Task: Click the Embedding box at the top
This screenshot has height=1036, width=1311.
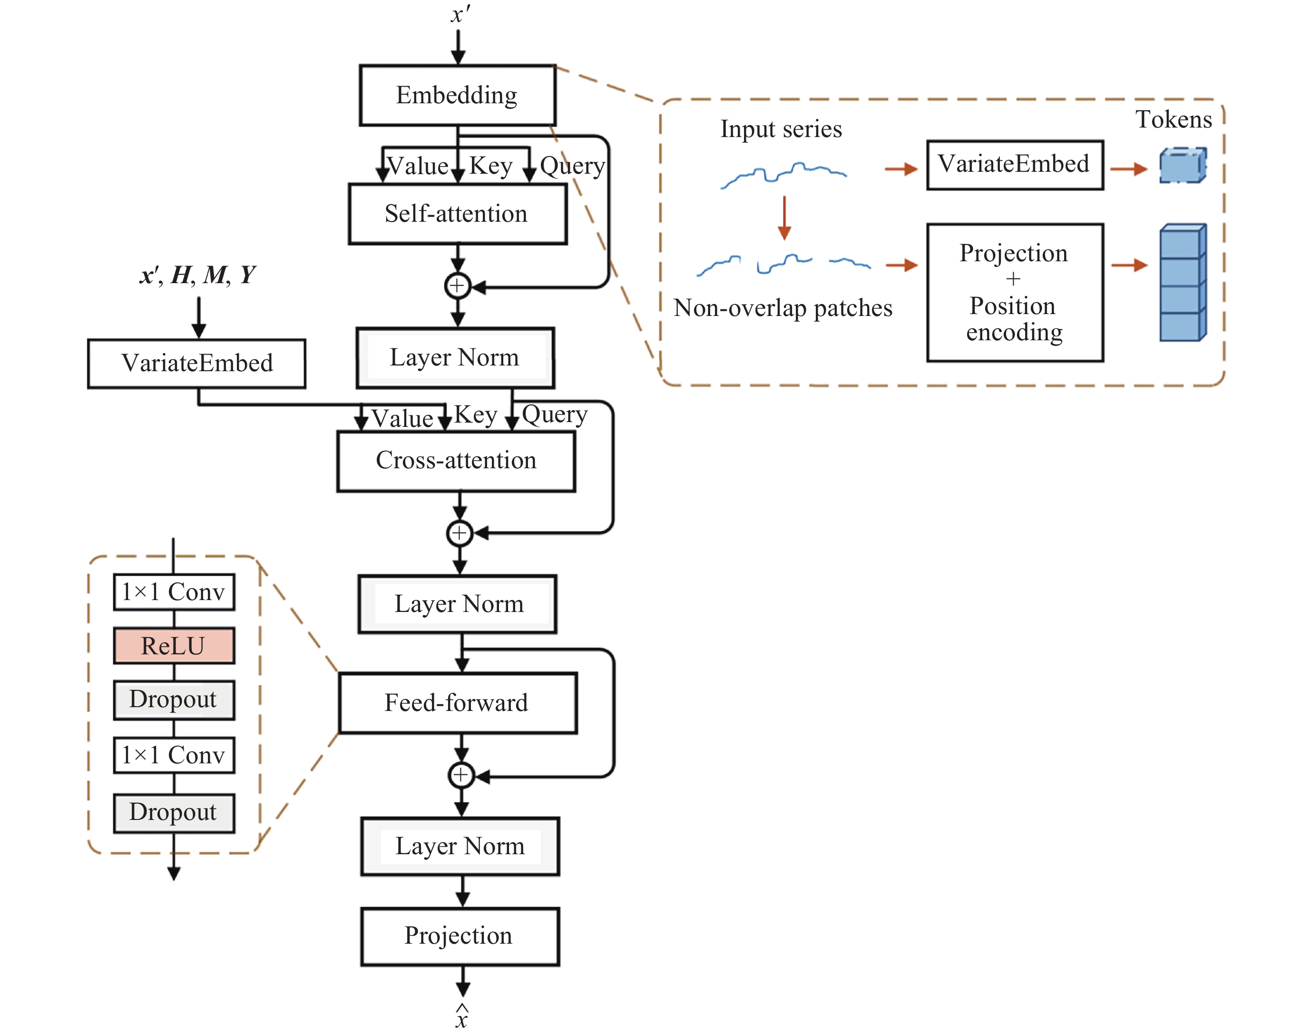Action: point(457,95)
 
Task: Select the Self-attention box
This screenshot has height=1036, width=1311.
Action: point(457,214)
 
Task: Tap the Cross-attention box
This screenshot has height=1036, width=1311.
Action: point(456,461)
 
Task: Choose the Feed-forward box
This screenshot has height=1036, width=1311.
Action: point(457,703)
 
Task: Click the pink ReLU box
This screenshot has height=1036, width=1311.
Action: point(174,646)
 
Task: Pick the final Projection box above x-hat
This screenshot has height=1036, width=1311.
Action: point(460,936)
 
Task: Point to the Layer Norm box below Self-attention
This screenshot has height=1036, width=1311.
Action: point(455,358)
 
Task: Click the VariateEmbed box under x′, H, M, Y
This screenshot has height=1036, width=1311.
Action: point(196,363)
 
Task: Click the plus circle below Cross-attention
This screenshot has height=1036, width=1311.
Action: point(460,533)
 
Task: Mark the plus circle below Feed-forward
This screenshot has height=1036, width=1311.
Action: point(461,775)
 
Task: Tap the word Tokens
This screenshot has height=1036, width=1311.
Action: point(1174,119)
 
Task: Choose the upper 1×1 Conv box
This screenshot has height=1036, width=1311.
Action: point(174,592)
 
